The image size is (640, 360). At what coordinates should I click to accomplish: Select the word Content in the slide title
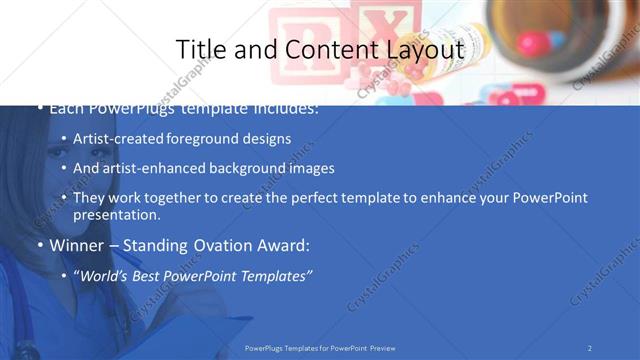click(321, 49)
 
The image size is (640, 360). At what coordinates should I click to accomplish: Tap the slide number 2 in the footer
click(590, 348)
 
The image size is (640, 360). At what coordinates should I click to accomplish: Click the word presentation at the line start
click(116, 215)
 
